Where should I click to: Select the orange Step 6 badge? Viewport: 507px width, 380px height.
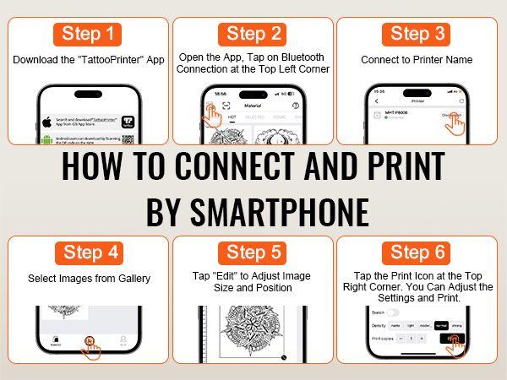pos(418,252)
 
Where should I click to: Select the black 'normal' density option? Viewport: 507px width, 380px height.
pos(440,325)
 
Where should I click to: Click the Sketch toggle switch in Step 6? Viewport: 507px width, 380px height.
pos(393,312)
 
